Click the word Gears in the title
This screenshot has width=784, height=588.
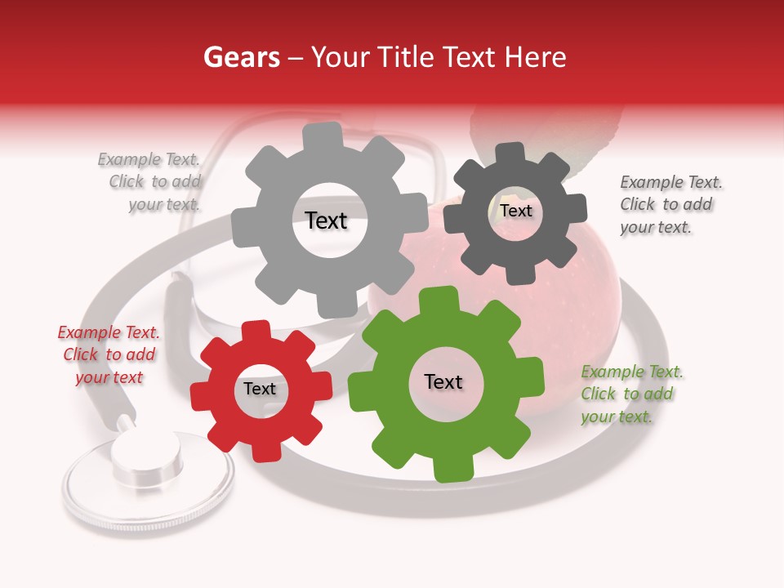[x=242, y=57]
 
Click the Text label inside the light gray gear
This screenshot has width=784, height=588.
[x=326, y=220]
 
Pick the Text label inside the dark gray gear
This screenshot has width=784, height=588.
[x=515, y=211]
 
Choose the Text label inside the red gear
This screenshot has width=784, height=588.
[x=260, y=390]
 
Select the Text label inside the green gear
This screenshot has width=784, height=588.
[x=443, y=382]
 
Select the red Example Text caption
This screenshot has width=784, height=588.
[x=109, y=354]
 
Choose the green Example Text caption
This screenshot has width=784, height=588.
[x=631, y=394]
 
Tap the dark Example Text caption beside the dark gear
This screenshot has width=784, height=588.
[x=670, y=204]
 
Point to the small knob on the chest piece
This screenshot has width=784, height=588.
[x=147, y=453]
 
